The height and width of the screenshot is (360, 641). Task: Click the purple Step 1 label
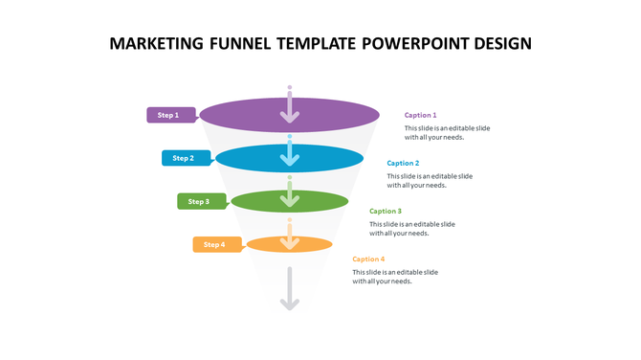coord(169,115)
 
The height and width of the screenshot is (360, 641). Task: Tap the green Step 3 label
coord(200,201)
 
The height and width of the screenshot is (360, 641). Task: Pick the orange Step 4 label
coord(215,244)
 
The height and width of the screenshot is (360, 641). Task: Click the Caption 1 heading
coord(420,115)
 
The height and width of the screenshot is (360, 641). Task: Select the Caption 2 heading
coord(403,163)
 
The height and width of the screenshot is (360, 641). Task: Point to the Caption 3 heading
coord(386,211)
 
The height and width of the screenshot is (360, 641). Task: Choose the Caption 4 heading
coord(368,259)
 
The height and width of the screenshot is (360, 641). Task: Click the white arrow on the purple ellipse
coord(290,113)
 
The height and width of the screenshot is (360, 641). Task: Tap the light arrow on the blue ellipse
coord(290,156)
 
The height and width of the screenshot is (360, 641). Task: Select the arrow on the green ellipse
coord(290,198)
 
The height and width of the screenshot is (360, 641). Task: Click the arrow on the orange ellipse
coord(290,240)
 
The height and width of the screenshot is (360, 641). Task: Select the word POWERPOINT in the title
coord(418,44)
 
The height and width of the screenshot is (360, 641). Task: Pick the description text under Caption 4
coord(394,277)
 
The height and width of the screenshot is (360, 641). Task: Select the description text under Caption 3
coord(412,229)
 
